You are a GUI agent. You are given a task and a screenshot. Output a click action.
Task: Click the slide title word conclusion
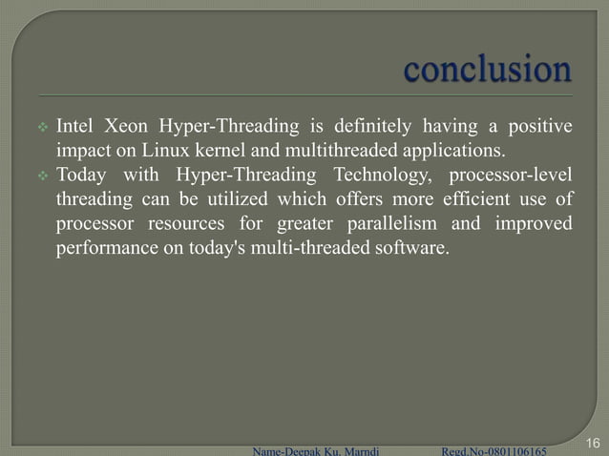[x=488, y=70]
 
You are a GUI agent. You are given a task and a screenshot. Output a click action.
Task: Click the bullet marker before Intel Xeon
[x=43, y=128]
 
